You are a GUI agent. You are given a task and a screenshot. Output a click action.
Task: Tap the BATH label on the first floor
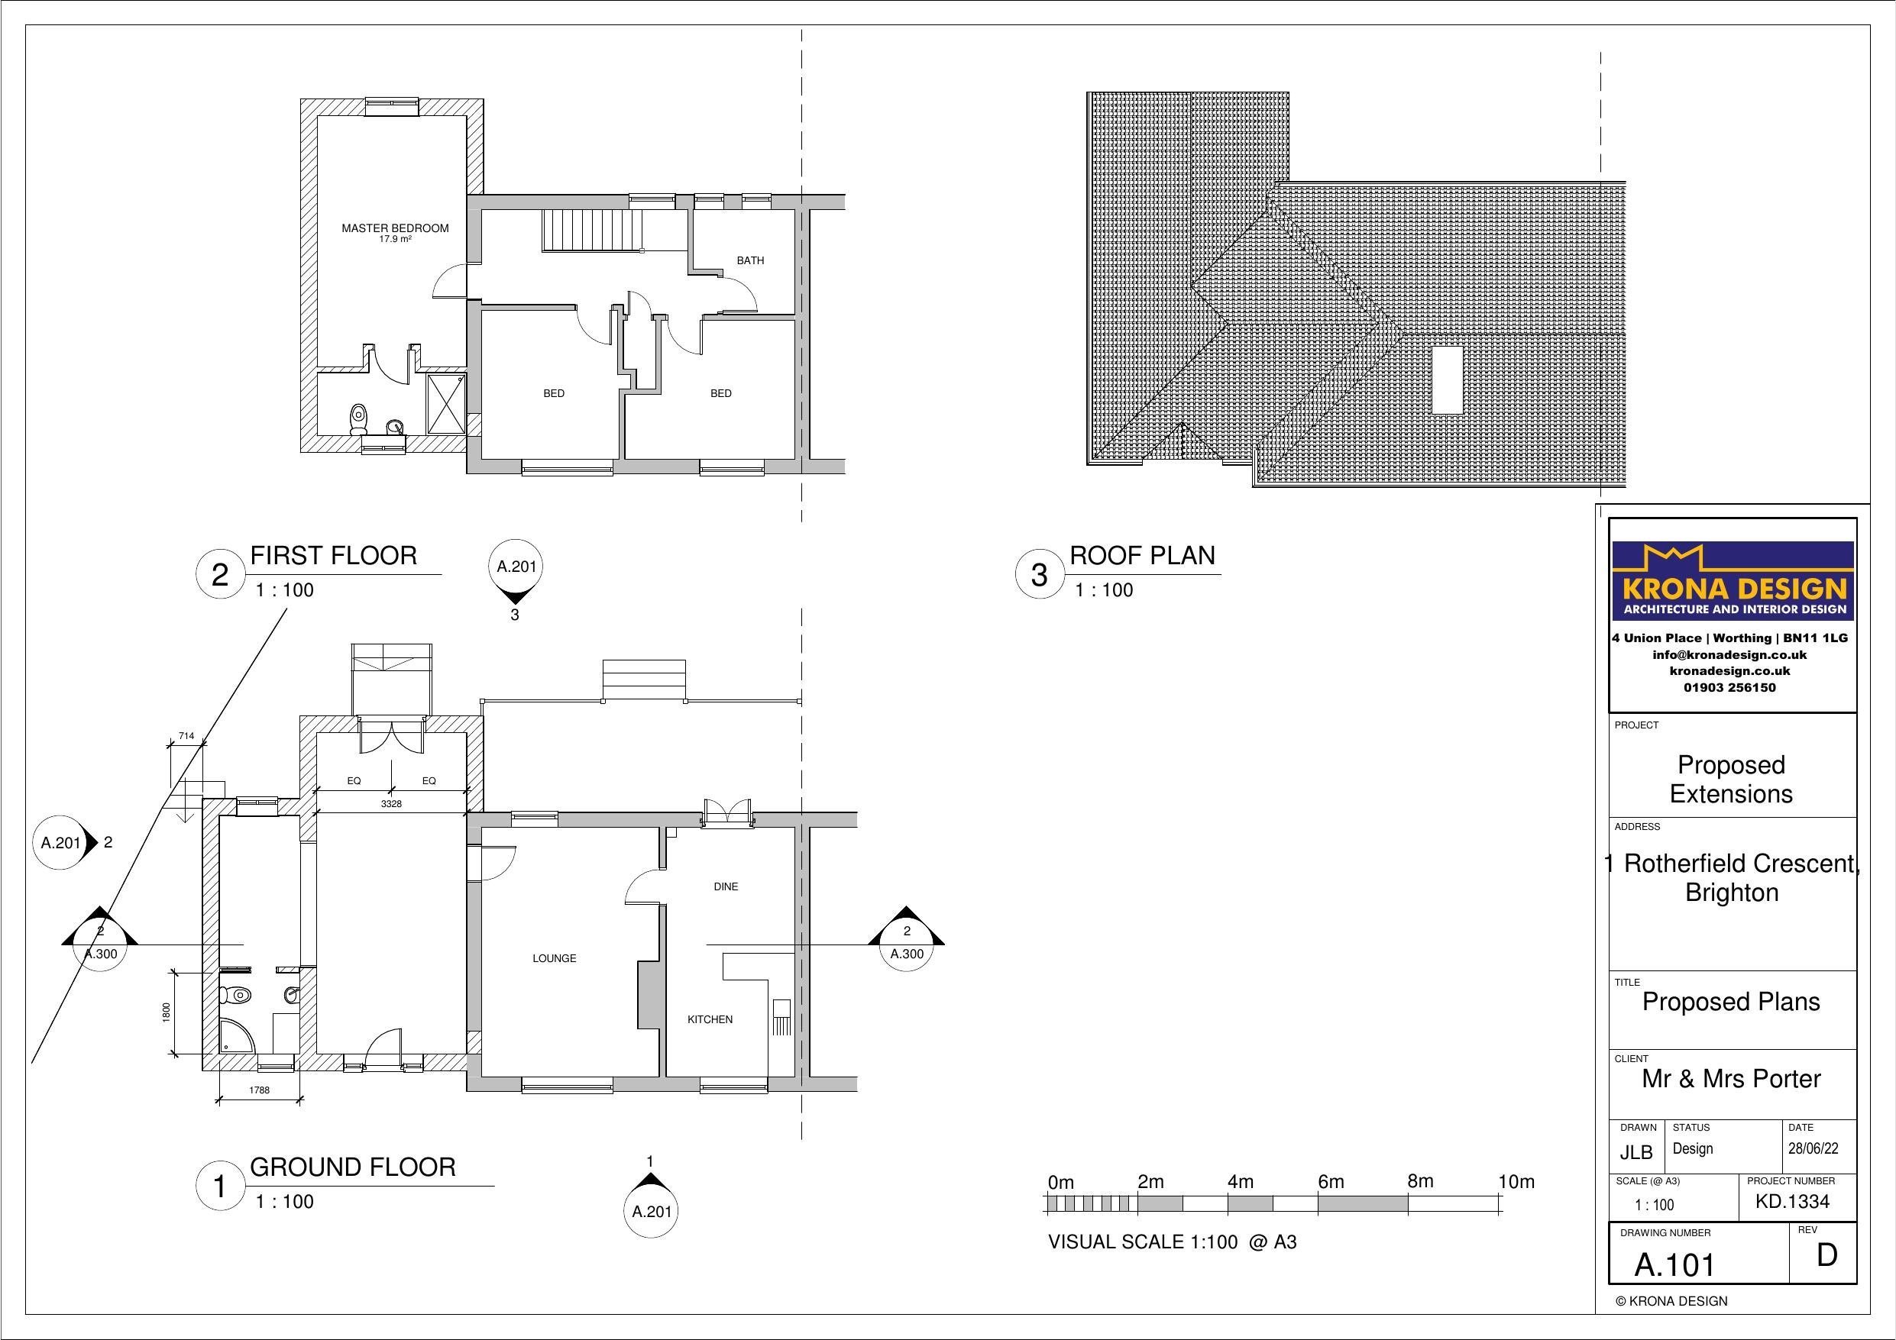click(x=750, y=261)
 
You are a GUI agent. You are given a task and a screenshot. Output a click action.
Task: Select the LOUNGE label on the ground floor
click(x=554, y=958)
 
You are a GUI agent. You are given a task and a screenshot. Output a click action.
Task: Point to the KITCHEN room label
click(x=710, y=1019)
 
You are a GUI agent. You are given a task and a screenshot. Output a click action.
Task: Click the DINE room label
click(x=725, y=886)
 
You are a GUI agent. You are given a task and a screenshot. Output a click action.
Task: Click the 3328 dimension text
click(x=390, y=803)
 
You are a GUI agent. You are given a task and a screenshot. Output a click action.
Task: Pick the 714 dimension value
click(x=186, y=735)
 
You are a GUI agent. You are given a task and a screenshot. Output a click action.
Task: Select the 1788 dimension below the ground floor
click(x=259, y=1090)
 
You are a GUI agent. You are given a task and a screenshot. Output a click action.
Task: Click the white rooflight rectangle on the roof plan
click(x=1447, y=379)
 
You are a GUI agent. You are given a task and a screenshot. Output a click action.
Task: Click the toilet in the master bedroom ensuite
click(x=358, y=419)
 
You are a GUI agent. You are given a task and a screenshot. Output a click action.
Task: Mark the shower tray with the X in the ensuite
click(x=446, y=403)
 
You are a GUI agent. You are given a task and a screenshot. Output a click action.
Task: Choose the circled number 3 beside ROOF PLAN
click(x=1039, y=575)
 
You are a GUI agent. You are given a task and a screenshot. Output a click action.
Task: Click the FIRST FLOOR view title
click(x=334, y=556)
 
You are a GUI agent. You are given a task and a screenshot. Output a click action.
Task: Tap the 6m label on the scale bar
click(x=1331, y=1182)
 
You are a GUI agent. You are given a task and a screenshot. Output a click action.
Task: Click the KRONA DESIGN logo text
click(x=1733, y=589)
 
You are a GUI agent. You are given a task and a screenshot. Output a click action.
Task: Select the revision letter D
click(x=1826, y=1255)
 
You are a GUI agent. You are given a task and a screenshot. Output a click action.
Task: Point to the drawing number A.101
click(x=1674, y=1265)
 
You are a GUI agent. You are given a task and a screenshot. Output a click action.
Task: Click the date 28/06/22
click(x=1813, y=1148)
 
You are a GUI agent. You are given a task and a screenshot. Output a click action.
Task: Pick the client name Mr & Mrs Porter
click(x=1731, y=1078)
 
